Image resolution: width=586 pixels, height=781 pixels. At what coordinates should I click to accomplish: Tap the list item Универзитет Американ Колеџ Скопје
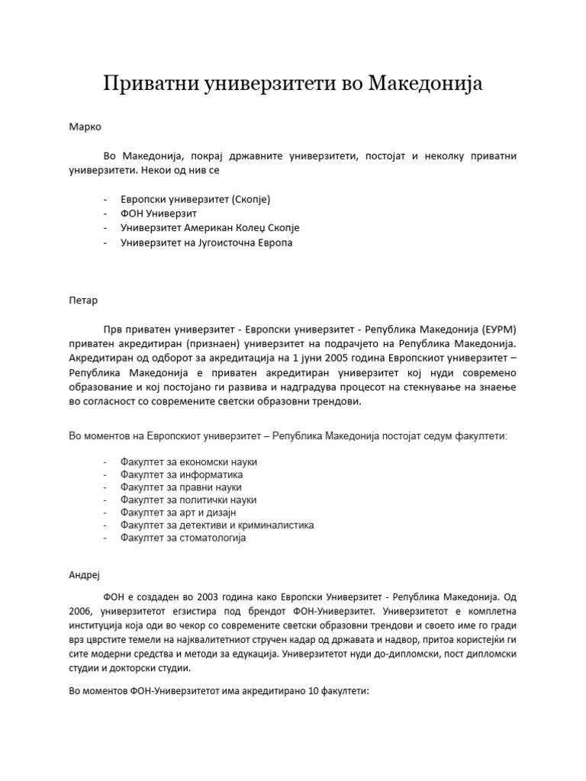(210, 228)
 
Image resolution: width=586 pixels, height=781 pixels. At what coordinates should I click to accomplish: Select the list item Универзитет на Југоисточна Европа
(206, 243)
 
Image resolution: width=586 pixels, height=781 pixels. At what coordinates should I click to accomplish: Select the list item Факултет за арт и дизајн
(172, 512)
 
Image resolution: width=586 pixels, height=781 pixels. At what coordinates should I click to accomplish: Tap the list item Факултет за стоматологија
(183, 538)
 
